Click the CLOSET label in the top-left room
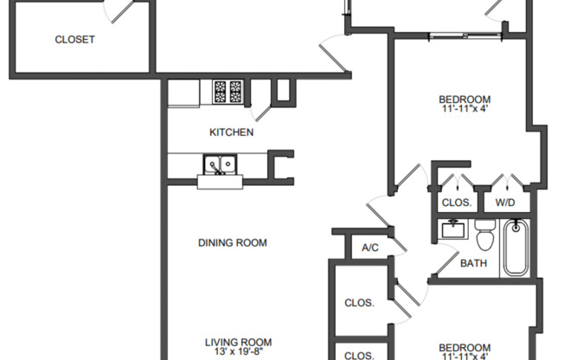click(x=74, y=40)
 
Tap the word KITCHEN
click(x=232, y=132)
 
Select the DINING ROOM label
click(x=232, y=242)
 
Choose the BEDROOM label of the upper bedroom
click(x=465, y=99)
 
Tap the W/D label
click(x=506, y=202)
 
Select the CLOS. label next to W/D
click(x=456, y=202)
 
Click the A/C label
click(x=370, y=247)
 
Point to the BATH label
click(x=472, y=263)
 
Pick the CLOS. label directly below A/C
click(x=359, y=303)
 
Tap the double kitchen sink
click(x=221, y=164)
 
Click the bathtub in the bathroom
click(x=516, y=247)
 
